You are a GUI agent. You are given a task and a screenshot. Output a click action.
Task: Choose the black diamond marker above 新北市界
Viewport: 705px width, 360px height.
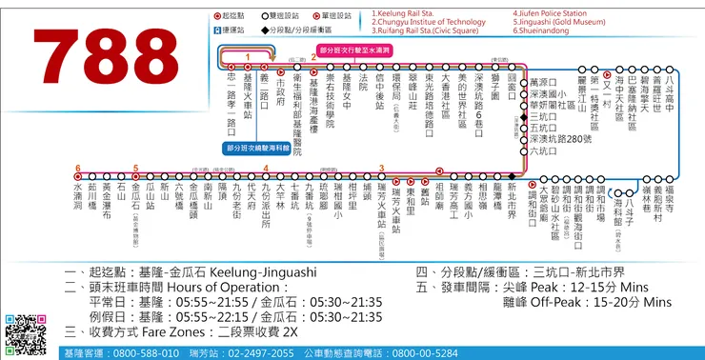tap(513, 177)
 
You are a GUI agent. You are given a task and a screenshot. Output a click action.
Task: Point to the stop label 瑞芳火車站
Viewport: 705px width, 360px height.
tap(382, 209)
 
